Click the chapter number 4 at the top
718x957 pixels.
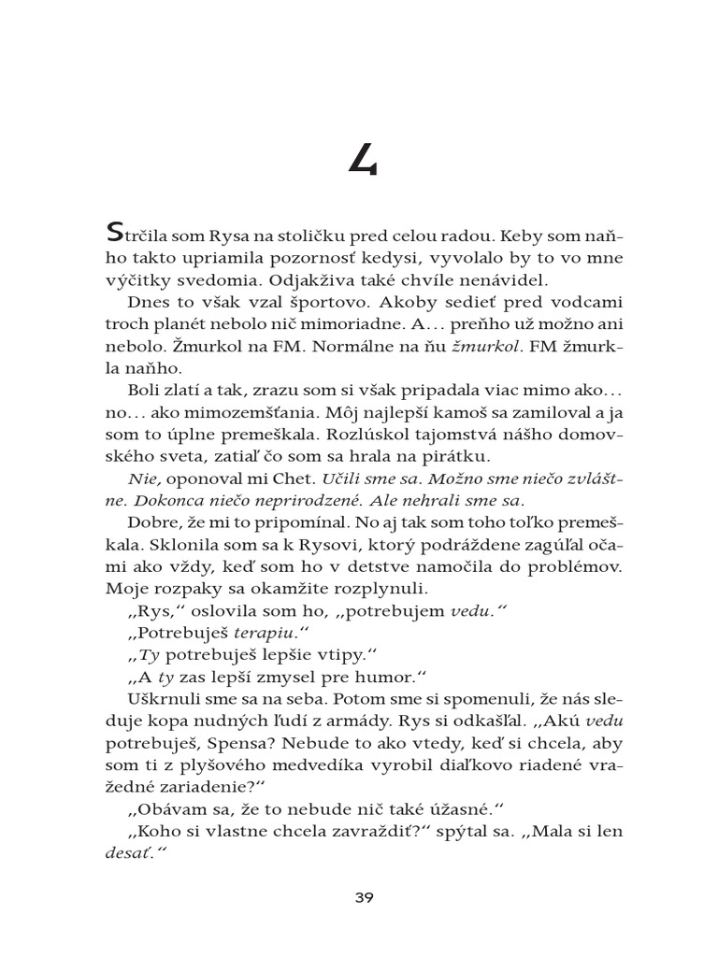click(x=363, y=162)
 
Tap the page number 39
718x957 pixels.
click(x=364, y=898)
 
